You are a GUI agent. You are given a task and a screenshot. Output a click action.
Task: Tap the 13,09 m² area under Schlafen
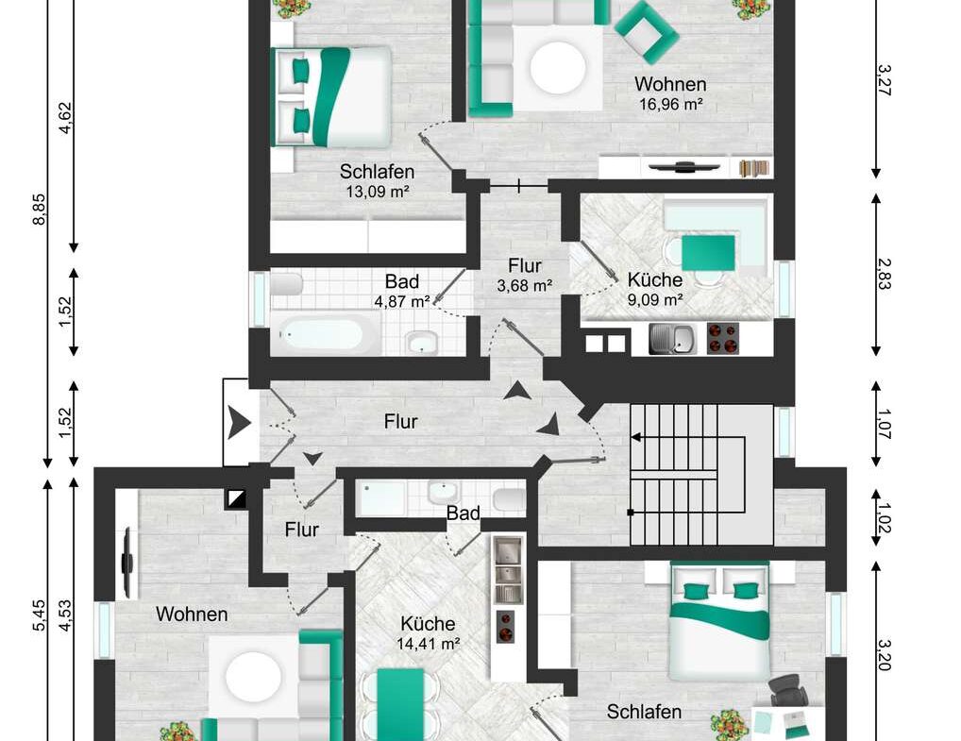point(378,192)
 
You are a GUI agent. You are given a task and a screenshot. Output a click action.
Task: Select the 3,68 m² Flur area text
point(524,285)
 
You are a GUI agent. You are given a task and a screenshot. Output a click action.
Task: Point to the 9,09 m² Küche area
point(654,301)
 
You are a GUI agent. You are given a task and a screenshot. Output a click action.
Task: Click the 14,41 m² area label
point(428,645)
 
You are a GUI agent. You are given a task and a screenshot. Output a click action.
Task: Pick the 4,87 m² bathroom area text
point(402,302)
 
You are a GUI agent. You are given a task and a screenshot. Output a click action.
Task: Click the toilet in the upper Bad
point(287,282)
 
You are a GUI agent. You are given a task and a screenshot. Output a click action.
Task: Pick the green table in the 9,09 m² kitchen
point(708,252)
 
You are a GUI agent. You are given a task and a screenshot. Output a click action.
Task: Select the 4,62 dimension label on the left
point(65,119)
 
